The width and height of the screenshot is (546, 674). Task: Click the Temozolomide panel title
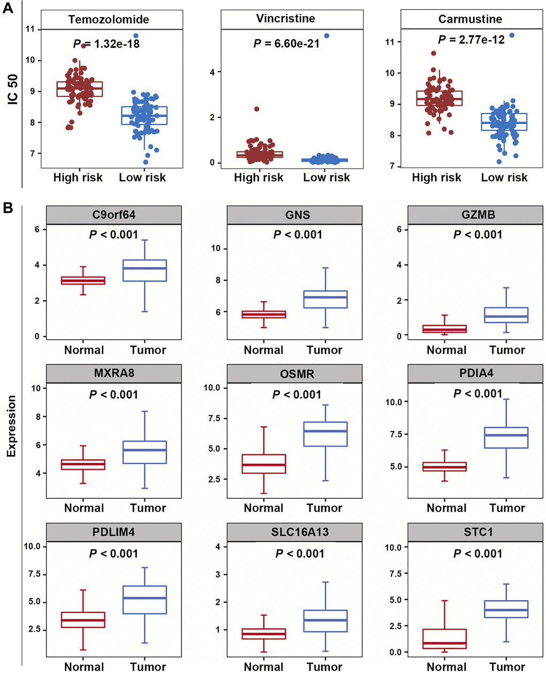tap(109, 20)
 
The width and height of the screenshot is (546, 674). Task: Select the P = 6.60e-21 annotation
tap(286, 43)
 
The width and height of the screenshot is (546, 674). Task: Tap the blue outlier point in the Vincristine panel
tap(327, 36)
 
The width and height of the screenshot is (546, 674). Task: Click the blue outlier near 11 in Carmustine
tap(512, 35)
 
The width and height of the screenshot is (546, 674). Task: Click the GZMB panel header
tap(477, 215)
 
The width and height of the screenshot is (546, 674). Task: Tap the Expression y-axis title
tap(12, 426)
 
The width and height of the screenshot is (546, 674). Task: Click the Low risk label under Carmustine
tap(504, 178)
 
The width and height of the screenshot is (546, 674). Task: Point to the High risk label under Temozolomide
tap(78, 178)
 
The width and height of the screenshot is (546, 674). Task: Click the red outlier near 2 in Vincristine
tap(256, 109)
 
